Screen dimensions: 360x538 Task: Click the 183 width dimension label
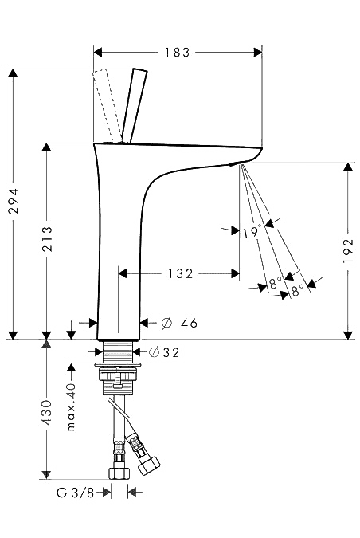(x=177, y=53)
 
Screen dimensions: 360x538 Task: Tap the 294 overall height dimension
(x=14, y=201)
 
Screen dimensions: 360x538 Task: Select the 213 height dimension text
(x=47, y=239)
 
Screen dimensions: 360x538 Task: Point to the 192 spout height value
(x=348, y=251)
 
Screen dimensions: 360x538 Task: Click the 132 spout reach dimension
(x=180, y=273)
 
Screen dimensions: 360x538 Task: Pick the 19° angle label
(x=252, y=232)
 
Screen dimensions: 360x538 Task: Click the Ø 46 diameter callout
(x=179, y=323)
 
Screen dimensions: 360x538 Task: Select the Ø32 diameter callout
(x=164, y=352)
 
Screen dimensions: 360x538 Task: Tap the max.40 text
(x=71, y=407)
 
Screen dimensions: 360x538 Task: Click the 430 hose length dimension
(x=47, y=412)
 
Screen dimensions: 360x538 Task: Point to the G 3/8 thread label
(x=75, y=493)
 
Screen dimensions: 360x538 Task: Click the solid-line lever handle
(x=135, y=105)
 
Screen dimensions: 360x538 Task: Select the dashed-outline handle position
(x=107, y=105)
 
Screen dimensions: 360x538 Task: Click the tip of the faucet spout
(x=261, y=150)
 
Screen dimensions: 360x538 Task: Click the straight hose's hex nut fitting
(x=119, y=473)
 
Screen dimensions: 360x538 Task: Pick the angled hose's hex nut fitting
(x=149, y=465)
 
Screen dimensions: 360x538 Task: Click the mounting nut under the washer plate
(x=118, y=374)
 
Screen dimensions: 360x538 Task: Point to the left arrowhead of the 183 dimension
(x=98, y=53)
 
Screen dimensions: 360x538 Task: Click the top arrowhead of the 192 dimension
(x=348, y=167)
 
